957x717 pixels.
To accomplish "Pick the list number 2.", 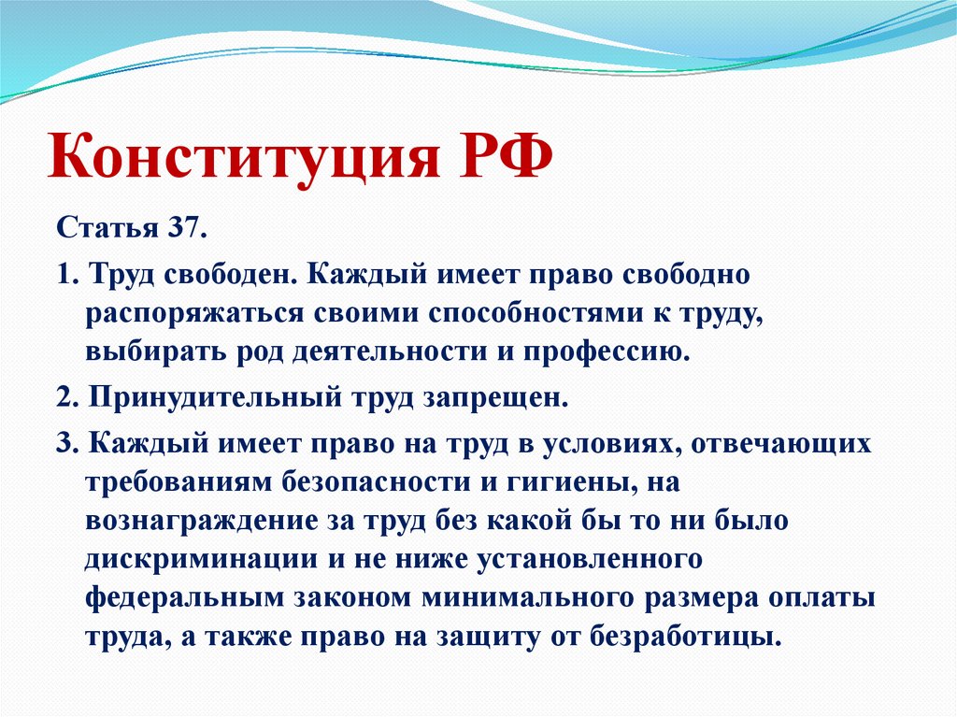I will [64, 396].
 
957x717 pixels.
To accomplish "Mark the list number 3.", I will [64, 444].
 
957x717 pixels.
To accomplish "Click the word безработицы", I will [684, 638].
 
